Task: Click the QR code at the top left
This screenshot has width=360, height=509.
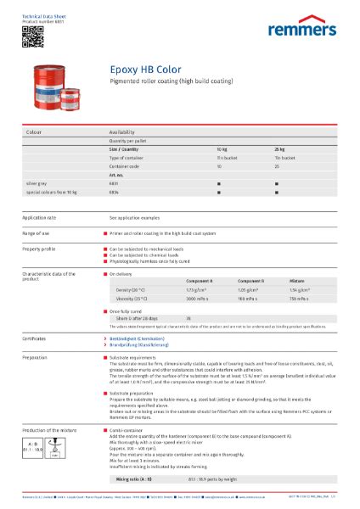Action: (27, 33)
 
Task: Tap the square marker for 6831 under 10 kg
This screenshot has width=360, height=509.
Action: (219, 182)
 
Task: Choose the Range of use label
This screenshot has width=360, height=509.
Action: (36, 232)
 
